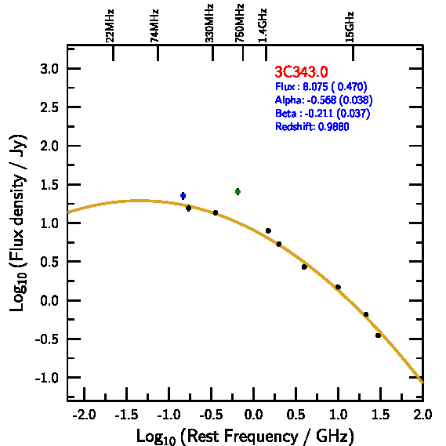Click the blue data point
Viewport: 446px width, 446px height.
183,196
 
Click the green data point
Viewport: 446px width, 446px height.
238,191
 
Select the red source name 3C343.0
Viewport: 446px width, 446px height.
301,71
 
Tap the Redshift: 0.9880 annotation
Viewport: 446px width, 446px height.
312,126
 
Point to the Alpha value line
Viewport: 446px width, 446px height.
324,100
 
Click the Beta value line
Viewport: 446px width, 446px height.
323,113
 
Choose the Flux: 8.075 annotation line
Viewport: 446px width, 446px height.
321,86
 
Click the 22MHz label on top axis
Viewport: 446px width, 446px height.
110,26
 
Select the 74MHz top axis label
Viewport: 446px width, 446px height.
154,26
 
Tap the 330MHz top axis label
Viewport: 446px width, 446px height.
209,23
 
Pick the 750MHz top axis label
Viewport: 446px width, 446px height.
239,23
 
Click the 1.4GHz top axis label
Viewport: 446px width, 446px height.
263,25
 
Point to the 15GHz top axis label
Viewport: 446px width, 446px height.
350,27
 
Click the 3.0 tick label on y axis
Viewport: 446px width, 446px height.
49,69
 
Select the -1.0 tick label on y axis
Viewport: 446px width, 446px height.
46,378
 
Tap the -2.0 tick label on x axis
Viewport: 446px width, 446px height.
84,415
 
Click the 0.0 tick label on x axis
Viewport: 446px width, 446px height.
253,415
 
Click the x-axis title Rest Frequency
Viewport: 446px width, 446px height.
245,437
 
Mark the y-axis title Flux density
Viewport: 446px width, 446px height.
18,223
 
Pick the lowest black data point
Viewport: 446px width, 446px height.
378,335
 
